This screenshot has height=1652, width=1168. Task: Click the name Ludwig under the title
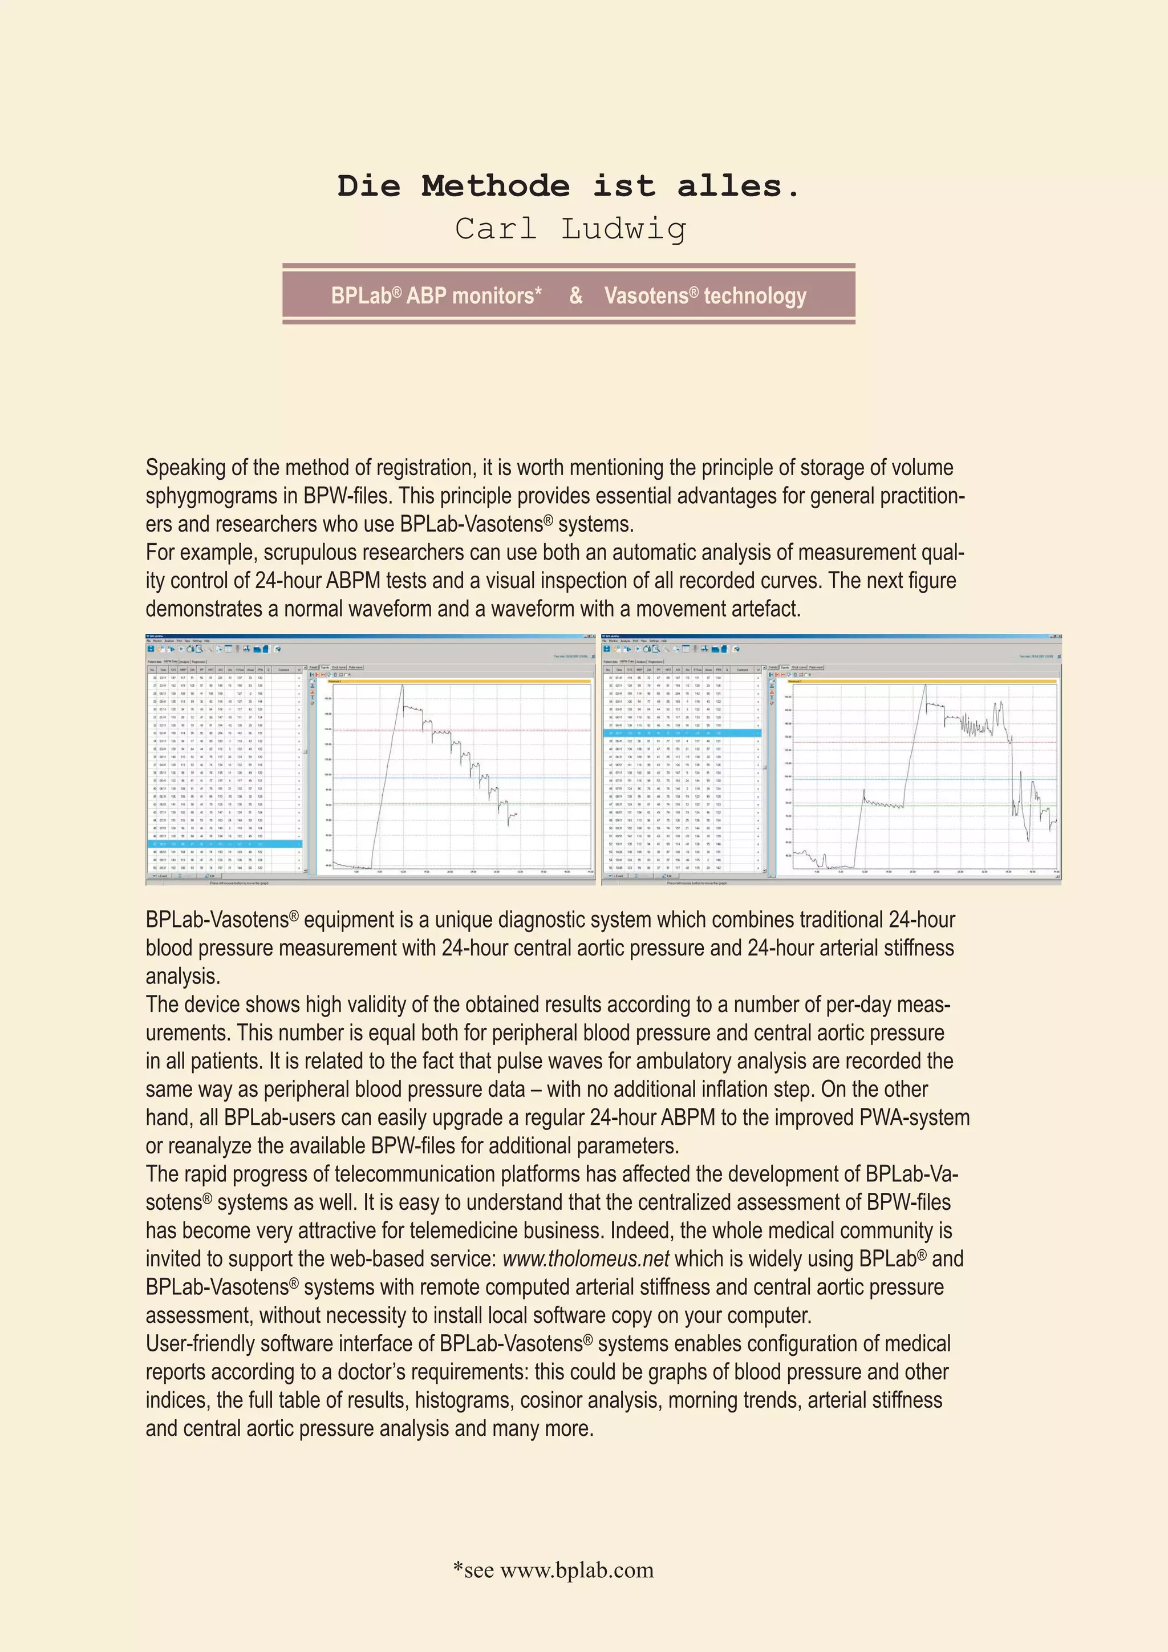pyautogui.click(x=623, y=229)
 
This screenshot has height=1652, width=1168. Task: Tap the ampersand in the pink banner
pyautogui.click(x=575, y=295)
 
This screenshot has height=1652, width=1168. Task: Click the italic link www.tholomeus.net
pyautogui.click(x=586, y=1258)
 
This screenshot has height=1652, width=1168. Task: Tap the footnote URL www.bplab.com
pyautogui.click(x=577, y=1569)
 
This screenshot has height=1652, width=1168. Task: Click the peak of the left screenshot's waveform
pyautogui.click(x=402, y=685)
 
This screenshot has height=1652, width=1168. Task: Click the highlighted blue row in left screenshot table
pyautogui.click(x=224, y=844)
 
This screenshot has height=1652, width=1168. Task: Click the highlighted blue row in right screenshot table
pyautogui.click(x=680, y=733)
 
